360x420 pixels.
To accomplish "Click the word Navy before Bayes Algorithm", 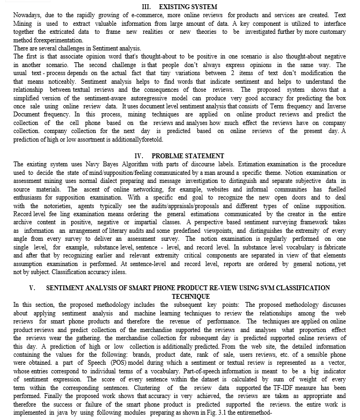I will point(86,164).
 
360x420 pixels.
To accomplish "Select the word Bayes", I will point(105,164).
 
